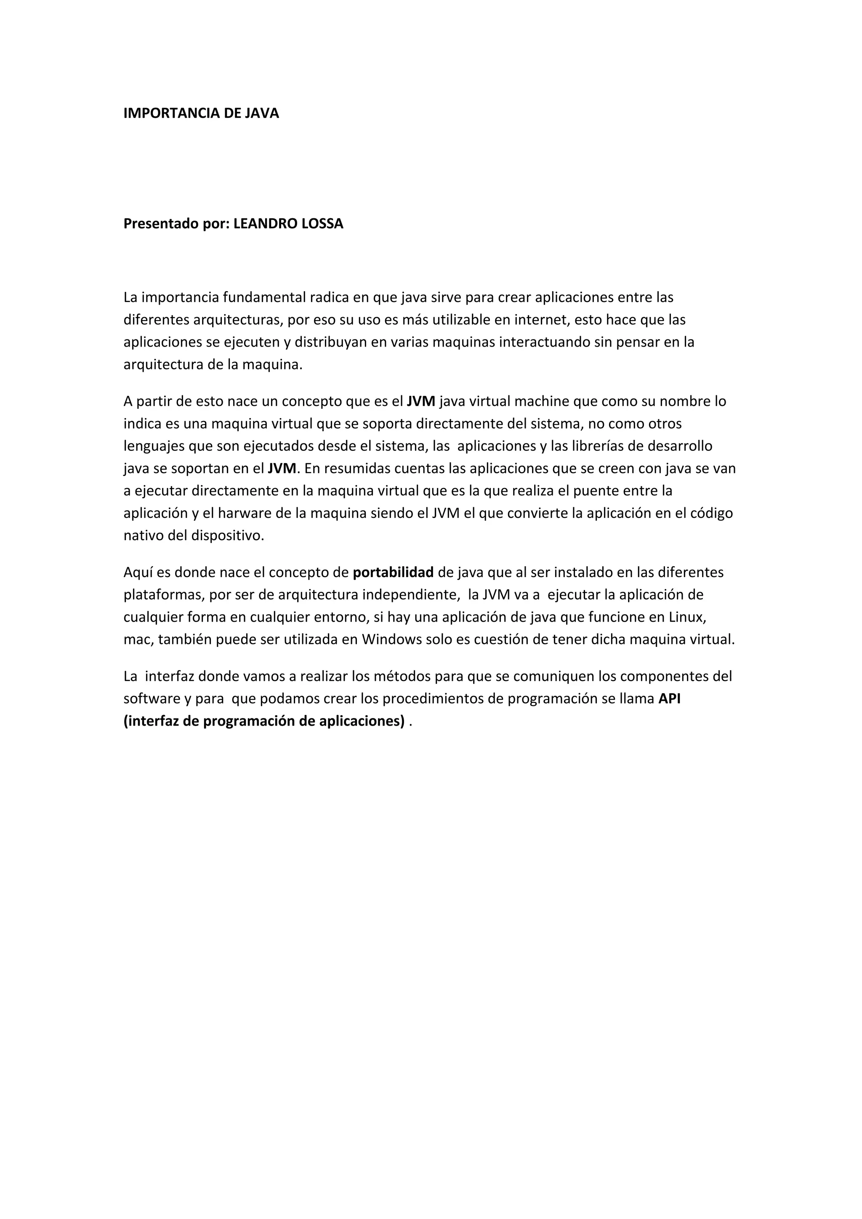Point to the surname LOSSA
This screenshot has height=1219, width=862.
pyautogui.click(x=322, y=224)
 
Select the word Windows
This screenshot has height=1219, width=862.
pyautogui.click(x=392, y=640)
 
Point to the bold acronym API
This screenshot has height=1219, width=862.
pyautogui.click(x=669, y=699)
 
